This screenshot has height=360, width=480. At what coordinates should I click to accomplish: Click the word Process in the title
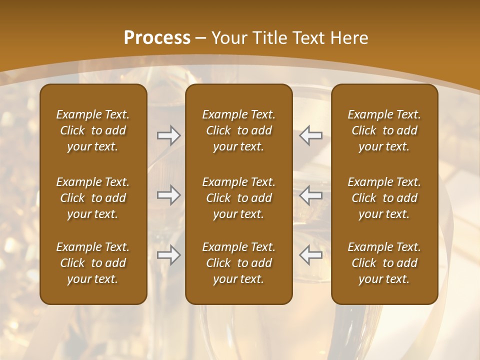point(157,38)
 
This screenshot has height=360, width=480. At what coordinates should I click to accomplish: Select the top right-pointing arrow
point(168,135)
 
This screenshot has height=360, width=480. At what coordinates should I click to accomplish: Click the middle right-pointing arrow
point(168,195)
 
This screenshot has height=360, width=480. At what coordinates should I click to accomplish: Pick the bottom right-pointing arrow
point(168,255)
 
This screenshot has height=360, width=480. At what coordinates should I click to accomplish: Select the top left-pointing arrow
point(310,135)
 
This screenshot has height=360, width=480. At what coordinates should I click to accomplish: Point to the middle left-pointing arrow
point(310,195)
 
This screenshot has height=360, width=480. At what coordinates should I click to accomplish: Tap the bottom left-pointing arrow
point(310,255)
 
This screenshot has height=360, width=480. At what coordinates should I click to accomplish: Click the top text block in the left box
point(93,130)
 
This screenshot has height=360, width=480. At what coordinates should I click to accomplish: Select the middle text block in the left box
point(93,198)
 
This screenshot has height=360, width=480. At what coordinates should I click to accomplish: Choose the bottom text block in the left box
point(93,263)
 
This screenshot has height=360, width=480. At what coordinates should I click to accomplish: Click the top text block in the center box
point(238,130)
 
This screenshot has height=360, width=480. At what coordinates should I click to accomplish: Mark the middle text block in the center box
point(238,198)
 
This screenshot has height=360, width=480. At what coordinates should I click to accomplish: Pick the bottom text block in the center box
point(238,263)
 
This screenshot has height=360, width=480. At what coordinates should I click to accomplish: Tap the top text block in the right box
point(384,130)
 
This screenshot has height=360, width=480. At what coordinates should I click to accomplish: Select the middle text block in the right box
point(384,198)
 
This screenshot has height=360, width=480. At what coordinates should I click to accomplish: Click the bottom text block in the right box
point(384,263)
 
